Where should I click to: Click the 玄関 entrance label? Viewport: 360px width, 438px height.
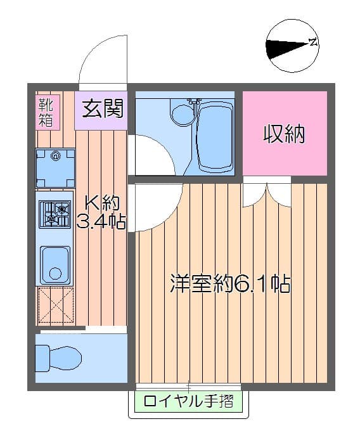(101, 108)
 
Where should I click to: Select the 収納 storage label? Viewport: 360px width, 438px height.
(285, 134)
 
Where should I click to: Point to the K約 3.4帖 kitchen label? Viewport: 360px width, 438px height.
(101, 213)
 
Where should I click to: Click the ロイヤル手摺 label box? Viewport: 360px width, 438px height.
(188, 401)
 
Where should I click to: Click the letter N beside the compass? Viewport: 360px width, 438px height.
(312, 43)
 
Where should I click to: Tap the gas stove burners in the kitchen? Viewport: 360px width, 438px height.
(55, 214)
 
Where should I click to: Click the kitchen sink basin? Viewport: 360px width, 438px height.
(55, 262)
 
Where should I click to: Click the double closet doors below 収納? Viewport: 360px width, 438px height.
(267, 194)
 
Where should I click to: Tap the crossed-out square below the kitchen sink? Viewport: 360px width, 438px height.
(55, 306)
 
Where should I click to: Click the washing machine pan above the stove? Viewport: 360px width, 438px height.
(55, 167)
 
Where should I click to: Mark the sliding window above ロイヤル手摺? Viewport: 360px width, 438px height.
(188, 386)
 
